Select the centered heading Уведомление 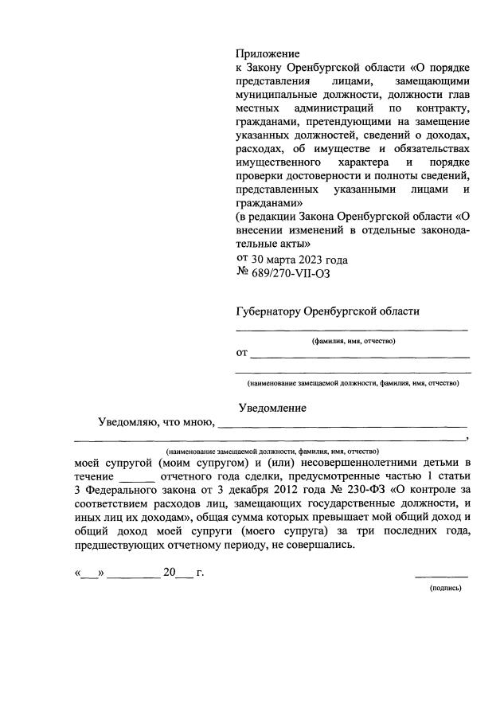272,408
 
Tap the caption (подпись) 445,589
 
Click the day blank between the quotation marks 90,574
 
